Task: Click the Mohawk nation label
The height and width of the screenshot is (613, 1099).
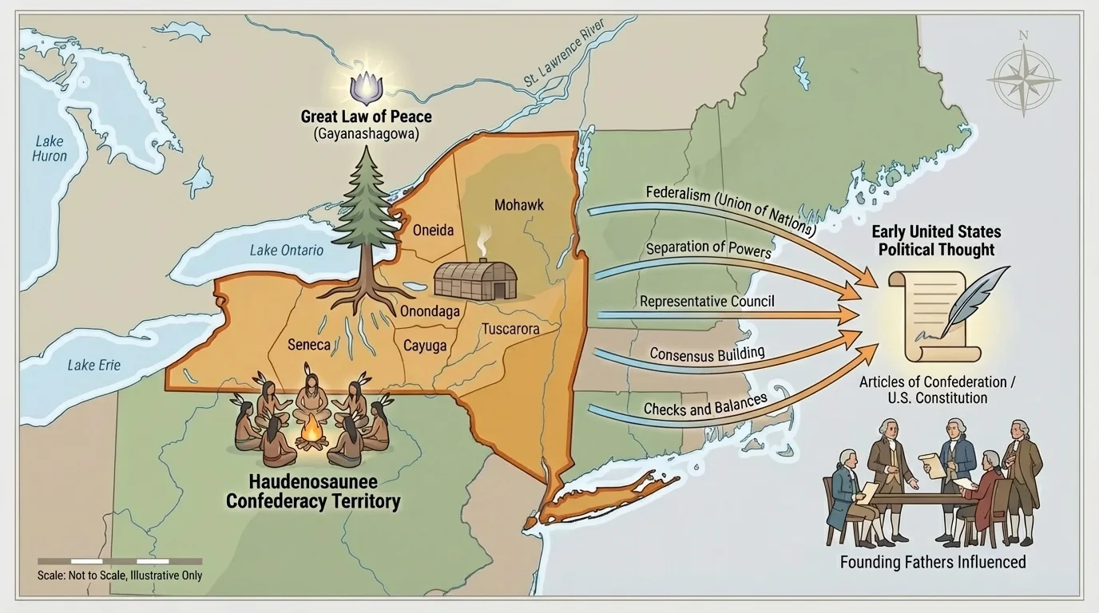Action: pos(518,205)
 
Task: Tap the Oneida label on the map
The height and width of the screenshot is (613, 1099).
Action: pos(433,231)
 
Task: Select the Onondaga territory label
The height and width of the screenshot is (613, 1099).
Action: pos(430,311)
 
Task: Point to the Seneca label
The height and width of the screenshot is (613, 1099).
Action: pos(309,345)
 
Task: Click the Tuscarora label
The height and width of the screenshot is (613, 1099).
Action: pos(510,329)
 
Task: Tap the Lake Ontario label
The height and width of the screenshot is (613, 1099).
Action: pos(287,250)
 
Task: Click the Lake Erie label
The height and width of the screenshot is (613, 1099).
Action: pos(93,365)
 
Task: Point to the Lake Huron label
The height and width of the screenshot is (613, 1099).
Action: pos(50,149)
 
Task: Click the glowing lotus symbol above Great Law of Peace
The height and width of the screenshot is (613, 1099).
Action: pos(367,87)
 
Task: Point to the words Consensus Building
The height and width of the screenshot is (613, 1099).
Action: pos(707,353)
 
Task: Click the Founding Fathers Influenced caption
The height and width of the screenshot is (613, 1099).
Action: pos(932,562)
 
